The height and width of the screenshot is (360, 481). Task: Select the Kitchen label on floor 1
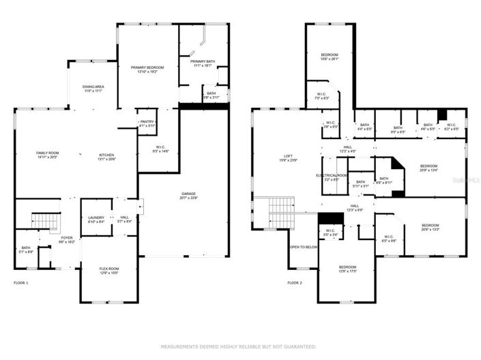coord(106,156)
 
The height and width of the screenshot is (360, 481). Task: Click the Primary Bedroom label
coord(147,68)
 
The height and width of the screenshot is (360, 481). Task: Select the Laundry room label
coord(96,219)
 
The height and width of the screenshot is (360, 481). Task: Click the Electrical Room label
coord(332,177)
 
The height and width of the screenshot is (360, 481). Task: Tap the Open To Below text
coord(304,247)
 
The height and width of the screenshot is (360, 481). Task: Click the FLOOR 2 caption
coord(294,282)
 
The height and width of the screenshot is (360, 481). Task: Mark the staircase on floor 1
coord(43,222)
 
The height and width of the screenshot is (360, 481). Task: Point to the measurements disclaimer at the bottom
coord(240,346)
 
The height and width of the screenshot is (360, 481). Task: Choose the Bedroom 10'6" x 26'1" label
coord(330,57)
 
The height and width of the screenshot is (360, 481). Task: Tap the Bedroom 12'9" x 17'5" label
coord(348,269)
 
